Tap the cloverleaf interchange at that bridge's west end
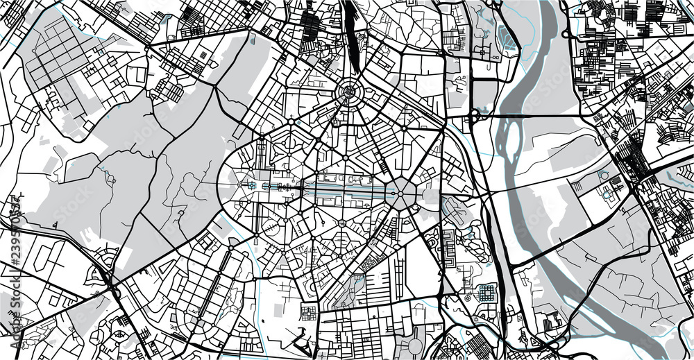[x=474, y=114]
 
